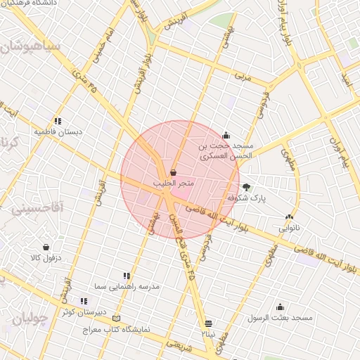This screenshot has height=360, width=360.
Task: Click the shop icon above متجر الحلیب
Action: tap(173, 172)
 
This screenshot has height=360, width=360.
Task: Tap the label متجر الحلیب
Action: tap(173, 183)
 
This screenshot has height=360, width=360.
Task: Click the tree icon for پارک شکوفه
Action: tap(246, 187)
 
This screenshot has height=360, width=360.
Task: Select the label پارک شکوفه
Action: tap(246, 198)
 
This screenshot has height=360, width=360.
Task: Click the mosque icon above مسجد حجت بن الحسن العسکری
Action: tap(226, 136)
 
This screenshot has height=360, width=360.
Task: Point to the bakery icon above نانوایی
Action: tap(289, 217)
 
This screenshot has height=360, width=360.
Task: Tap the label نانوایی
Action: tap(289, 228)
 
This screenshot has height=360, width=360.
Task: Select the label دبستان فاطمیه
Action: tap(58, 131)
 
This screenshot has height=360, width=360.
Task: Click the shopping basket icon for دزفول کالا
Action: tap(46, 247)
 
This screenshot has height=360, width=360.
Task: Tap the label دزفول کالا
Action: tap(46, 258)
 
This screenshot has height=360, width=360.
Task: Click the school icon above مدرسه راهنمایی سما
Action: tap(127, 276)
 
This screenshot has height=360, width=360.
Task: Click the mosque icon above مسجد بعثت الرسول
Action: tap(280, 307)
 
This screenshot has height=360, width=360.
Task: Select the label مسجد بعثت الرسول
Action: tap(280, 318)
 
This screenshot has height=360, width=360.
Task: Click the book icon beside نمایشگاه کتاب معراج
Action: tap(116, 318)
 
